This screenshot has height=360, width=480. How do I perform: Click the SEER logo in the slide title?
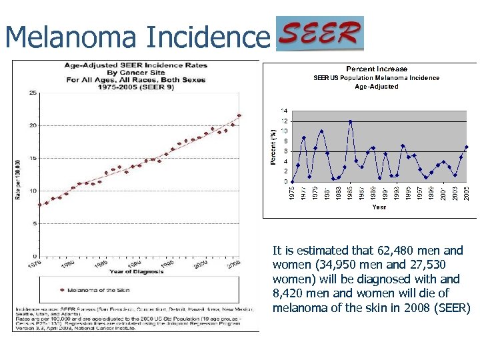coord(320,33)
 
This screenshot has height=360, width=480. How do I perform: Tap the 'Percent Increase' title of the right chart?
coord(377,69)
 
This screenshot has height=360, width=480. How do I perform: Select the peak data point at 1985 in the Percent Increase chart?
coord(350,121)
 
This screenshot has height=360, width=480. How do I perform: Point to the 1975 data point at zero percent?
coord(292,181)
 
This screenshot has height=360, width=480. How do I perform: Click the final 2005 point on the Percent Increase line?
coord(467,147)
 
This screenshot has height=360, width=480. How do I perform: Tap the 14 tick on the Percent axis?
coord(284,111)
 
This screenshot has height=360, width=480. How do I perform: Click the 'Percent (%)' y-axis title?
coord(272,146)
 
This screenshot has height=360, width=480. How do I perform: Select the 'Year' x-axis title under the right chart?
coord(379,207)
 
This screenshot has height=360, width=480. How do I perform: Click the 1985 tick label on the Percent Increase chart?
coord(350,192)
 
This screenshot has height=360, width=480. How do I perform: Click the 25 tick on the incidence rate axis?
coord(33,93)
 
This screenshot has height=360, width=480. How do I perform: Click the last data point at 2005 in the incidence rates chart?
coord(239,115)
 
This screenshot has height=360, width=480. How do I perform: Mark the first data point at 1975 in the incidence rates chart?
coord(40,205)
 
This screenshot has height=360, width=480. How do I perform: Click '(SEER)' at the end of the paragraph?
coord(453,308)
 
